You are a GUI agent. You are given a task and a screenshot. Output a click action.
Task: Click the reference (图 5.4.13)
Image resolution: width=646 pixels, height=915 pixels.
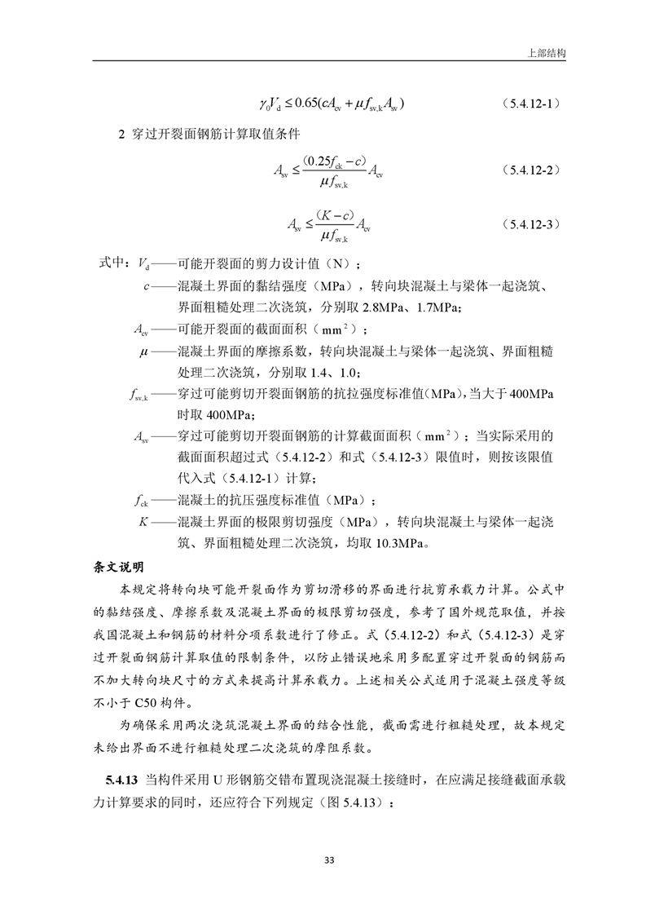(x=351, y=802)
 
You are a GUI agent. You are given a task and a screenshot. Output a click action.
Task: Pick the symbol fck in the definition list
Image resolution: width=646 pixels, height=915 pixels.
(x=140, y=499)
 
